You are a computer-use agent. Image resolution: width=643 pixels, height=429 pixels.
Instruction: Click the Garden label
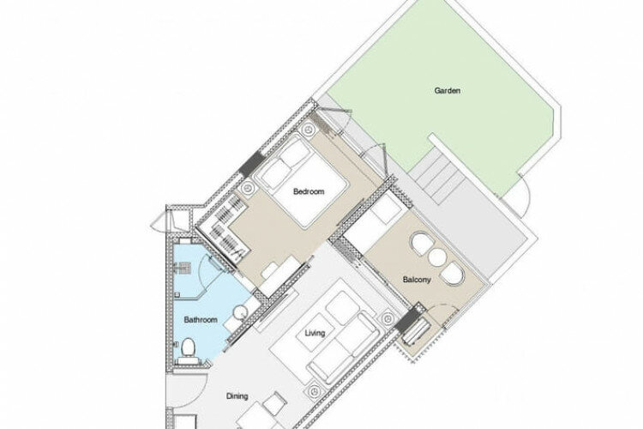pos(447,90)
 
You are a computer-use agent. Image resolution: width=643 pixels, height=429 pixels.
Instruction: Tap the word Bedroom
pos(309,191)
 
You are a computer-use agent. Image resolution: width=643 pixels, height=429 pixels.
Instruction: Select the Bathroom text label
pos(201,319)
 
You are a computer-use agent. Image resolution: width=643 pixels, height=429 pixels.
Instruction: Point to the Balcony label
pos(417,280)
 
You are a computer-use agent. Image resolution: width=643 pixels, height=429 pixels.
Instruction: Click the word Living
pos(315,333)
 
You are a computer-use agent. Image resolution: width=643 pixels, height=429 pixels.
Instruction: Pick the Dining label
pos(237,396)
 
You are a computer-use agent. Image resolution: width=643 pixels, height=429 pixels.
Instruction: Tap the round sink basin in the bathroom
pos(239,313)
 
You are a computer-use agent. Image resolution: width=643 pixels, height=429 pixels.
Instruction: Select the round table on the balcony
pos(436,257)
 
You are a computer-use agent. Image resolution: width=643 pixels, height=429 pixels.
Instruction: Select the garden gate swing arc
pos(526,194)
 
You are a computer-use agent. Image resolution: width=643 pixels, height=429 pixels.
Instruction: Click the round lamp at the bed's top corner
pos(308,130)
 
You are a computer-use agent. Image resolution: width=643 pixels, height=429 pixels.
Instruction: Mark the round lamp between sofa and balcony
pos(387,317)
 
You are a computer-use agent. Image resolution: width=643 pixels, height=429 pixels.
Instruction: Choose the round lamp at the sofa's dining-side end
pos(314,391)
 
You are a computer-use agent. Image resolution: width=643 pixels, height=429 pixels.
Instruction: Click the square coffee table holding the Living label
pos(315,333)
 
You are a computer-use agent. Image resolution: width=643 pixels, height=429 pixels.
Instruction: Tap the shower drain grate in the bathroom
pos(183,268)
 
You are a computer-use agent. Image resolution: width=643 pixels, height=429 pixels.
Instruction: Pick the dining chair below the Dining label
pos(274,404)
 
